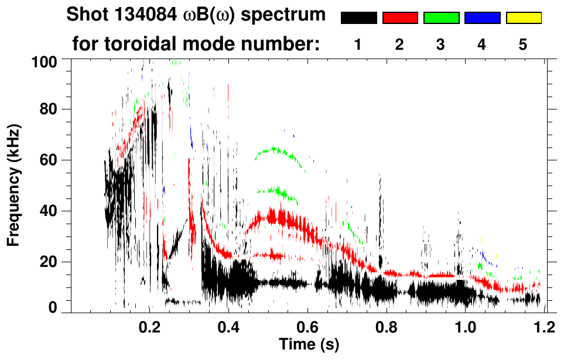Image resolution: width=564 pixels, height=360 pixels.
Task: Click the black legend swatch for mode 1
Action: click(358, 18)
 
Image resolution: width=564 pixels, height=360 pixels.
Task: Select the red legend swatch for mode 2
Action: click(400, 18)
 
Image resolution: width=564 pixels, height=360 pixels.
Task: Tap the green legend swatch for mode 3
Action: click(441, 18)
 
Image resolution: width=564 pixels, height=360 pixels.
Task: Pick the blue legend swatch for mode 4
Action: click(482, 18)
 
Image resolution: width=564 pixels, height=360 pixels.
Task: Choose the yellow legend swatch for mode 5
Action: click(523, 18)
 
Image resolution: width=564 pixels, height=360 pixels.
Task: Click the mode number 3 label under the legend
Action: click(441, 45)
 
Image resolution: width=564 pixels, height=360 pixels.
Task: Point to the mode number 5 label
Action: click(523, 45)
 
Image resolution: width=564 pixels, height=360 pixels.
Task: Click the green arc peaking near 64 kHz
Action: click(274, 150)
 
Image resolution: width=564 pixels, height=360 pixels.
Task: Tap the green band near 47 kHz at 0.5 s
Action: click(275, 191)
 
